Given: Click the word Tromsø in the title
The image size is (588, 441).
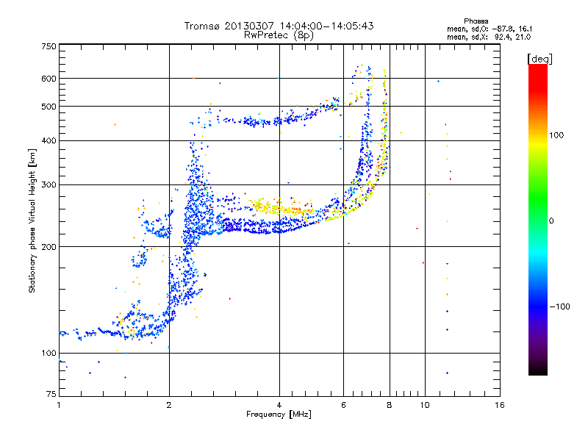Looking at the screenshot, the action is point(203,26).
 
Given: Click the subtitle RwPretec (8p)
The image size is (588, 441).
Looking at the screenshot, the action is point(279,35).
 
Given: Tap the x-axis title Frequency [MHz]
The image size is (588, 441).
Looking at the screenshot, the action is point(279,415).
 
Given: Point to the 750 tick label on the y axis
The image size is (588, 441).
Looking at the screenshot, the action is point(49,46).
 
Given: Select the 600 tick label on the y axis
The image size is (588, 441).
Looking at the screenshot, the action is point(49,79).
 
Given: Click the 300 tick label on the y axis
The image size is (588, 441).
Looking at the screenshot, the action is point(49,184).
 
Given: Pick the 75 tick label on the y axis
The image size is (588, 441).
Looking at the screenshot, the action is point(51,394).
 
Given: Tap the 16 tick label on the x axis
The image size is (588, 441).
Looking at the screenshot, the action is point(500,405).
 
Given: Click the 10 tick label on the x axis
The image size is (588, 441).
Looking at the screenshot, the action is point(425,405).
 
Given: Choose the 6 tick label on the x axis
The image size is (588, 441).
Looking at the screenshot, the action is point(343,405).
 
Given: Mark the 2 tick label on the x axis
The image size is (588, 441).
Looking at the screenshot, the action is point(169,405).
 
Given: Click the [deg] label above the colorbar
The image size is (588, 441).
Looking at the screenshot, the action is point(539,59).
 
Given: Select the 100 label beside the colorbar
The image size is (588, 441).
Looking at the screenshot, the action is point(556,135).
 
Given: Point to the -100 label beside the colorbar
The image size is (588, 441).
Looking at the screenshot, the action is point(560,306).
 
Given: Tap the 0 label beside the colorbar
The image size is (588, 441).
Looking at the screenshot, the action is point(551,221).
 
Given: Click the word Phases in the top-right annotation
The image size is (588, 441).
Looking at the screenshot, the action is point(476,21).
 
